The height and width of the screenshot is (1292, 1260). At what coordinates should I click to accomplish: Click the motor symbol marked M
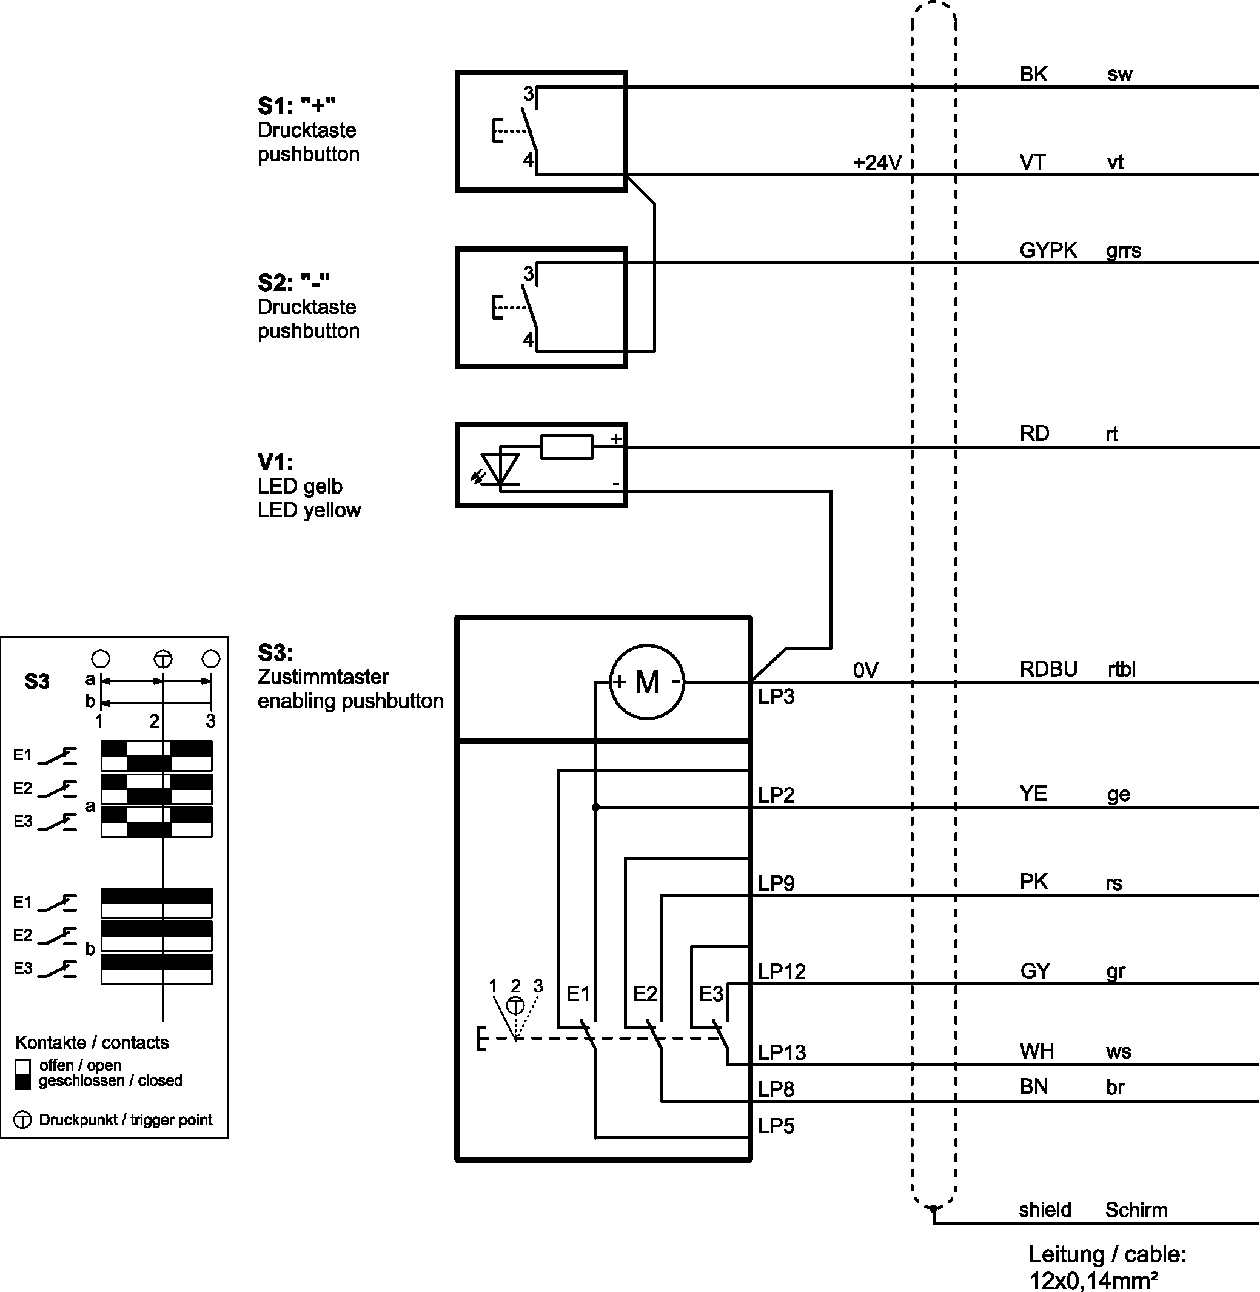click(x=646, y=681)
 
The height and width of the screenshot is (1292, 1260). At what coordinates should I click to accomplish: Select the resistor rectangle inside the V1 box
click(x=566, y=447)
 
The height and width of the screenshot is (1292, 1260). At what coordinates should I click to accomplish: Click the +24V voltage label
click(x=877, y=162)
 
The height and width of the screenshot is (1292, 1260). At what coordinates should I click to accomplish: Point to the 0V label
click(x=865, y=670)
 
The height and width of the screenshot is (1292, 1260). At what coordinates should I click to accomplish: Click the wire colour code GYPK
click(x=1048, y=250)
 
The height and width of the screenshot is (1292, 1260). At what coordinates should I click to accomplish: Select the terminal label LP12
click(x=782, y=971)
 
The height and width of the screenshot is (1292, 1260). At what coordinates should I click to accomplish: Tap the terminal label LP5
click(x=776, y=1126)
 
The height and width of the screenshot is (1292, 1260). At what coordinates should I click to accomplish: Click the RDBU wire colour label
click(x=1048, y=669)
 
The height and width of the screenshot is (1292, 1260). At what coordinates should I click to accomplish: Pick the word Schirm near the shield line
click(x=1136, y=1210)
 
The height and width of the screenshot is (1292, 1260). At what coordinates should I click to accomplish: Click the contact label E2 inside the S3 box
click(x=645, y=994)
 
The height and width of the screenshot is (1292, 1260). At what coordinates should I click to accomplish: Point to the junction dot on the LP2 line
click(x=595, y=807)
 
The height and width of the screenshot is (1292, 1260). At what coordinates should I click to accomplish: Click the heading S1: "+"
click(x=297, y=105)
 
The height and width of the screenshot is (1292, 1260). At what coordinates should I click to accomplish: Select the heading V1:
click(x=275, y=461)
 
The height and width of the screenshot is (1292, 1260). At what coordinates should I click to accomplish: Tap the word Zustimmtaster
click(x=323, y=677)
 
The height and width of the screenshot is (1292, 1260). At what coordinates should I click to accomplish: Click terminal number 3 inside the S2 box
click(x=528, y=273)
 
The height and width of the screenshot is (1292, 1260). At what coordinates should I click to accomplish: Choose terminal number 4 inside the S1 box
click(x=528, y=159)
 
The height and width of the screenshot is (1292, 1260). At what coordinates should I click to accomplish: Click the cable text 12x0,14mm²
click(x=1093, y=1280)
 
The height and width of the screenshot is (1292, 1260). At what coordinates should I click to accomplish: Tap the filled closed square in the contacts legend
click(x=22, y=1082)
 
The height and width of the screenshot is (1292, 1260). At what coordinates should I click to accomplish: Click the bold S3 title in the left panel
click(x=37, y=681)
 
